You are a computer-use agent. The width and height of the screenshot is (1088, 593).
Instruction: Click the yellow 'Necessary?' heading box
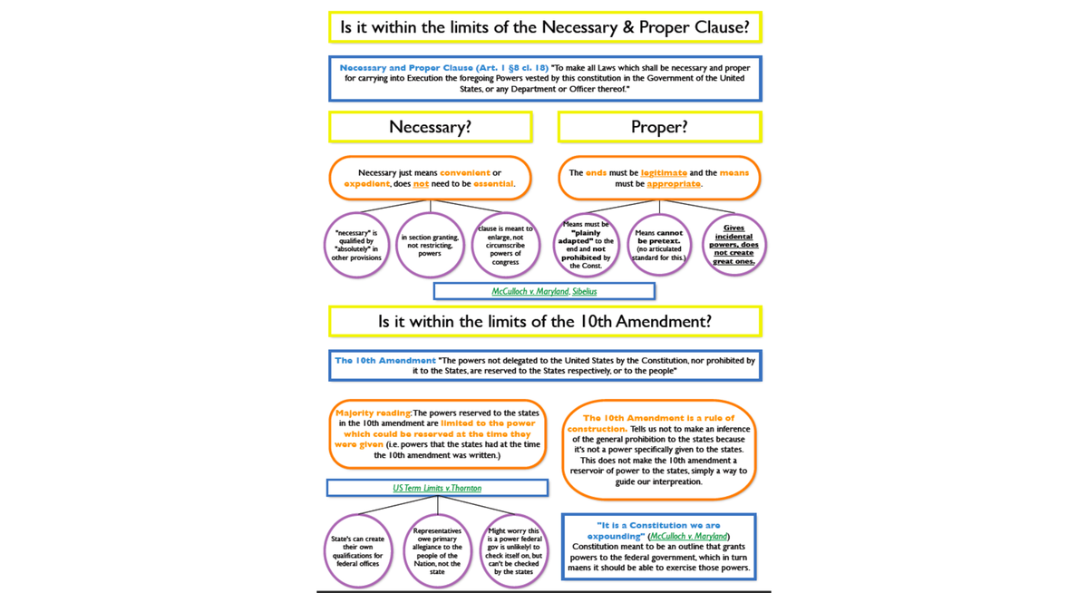pyautogui.click(x=430, y=127)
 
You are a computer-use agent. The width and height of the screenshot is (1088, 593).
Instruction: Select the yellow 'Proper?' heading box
pyautogui.click(x=659, y=127)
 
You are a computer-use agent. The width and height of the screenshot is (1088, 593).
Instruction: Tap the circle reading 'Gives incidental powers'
pyautogui.click(x=733, y=245)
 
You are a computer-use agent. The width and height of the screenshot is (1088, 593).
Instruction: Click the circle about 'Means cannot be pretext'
pyautogui.click(x=659, y=245)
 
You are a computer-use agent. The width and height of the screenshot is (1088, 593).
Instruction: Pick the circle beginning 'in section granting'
pyautogui.click(x=430, y=245)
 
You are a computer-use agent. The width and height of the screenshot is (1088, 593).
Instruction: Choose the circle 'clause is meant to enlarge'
pyautogui.click(x=505, y=245)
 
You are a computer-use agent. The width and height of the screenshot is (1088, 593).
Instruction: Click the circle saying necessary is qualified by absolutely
pyautogui.click(x=356, y=245)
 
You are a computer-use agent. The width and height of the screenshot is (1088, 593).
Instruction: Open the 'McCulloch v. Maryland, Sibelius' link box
pyautogui.click(x=544, y=291)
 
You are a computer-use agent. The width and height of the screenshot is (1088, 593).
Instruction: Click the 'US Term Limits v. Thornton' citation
pyautogui.click(x=437, y=488)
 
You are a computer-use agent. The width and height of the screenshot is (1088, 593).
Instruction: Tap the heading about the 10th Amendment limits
pyautogui.click(x=545, y=321)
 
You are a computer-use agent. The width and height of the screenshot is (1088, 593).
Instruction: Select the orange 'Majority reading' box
pyautogui.click(x=437, y=434)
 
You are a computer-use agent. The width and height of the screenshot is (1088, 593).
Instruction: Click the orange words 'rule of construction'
pyautogui.click(x=659, y=423)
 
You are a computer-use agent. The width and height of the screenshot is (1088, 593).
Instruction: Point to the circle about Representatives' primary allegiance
pyautogui.click(x=437, y=551)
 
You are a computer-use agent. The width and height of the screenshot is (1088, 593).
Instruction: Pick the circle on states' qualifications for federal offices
pyautogui.click(x=358, y=551)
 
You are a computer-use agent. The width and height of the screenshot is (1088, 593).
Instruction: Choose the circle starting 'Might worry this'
pyautogui.click(x=514, y=551)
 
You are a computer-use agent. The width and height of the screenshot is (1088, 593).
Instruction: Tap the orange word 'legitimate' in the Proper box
pyautogui.click(x=664, y=172)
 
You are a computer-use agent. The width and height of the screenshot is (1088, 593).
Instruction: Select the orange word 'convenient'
pyautogui.click(x=464, y=172)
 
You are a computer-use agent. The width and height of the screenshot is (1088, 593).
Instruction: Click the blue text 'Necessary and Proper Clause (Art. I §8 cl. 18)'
pyautogui.click(x=444, y=68)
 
